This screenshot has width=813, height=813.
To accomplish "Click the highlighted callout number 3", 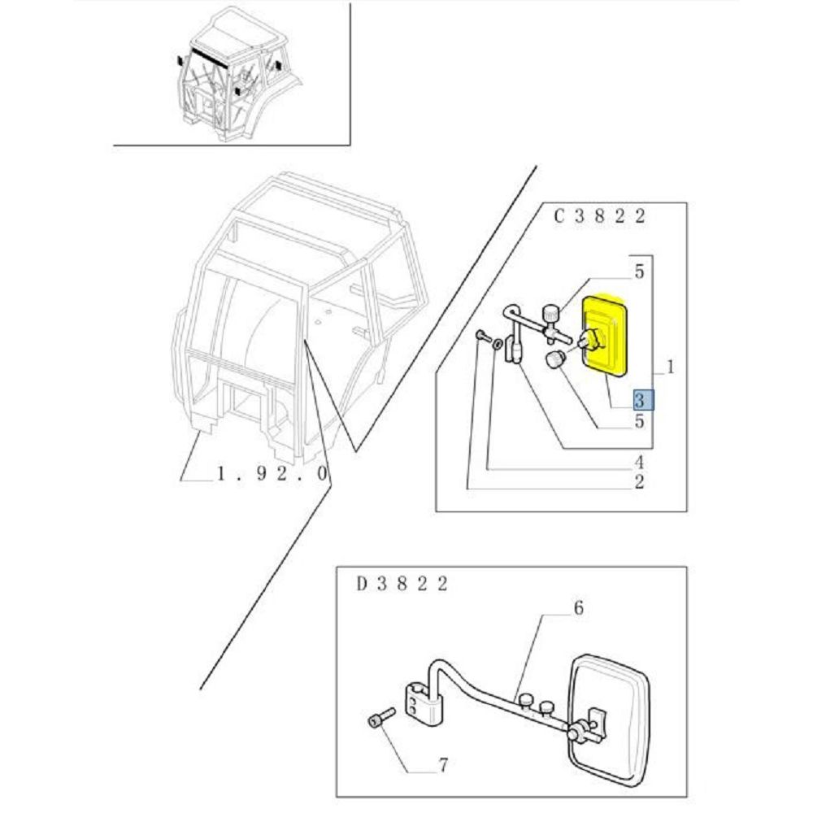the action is pyautogui.click(x=643, y=400).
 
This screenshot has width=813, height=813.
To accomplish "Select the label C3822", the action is pyautogui.click(x=599, y=215).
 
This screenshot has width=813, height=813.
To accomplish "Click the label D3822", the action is pyautogui.click(x=402, y=584).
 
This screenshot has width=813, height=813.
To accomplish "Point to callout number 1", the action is pyautogui.click(x=670, y=367).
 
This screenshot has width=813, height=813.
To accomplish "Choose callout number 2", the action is pyautogui.click(x=639, y=482).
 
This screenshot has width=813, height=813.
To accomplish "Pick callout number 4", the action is pyautogui.click(x=639, y=462).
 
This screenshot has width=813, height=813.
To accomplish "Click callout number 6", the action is pyautogui.click(x=579, y=607).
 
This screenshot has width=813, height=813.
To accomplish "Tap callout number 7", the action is pyautogui.click(x=443, y=765).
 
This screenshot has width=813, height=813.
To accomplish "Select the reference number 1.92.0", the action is pyautogui.click(x=272, y=473).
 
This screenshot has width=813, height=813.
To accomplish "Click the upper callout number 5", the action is pyautogui.click(x=639, y=272).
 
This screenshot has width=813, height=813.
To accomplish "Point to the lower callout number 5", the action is pyautogui.click(x=639, y=420).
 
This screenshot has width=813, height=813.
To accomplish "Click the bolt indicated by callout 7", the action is pyautogui.click(x=381, y=717).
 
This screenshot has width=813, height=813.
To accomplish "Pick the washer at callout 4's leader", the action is pyautogui.click(x=497, y=344).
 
